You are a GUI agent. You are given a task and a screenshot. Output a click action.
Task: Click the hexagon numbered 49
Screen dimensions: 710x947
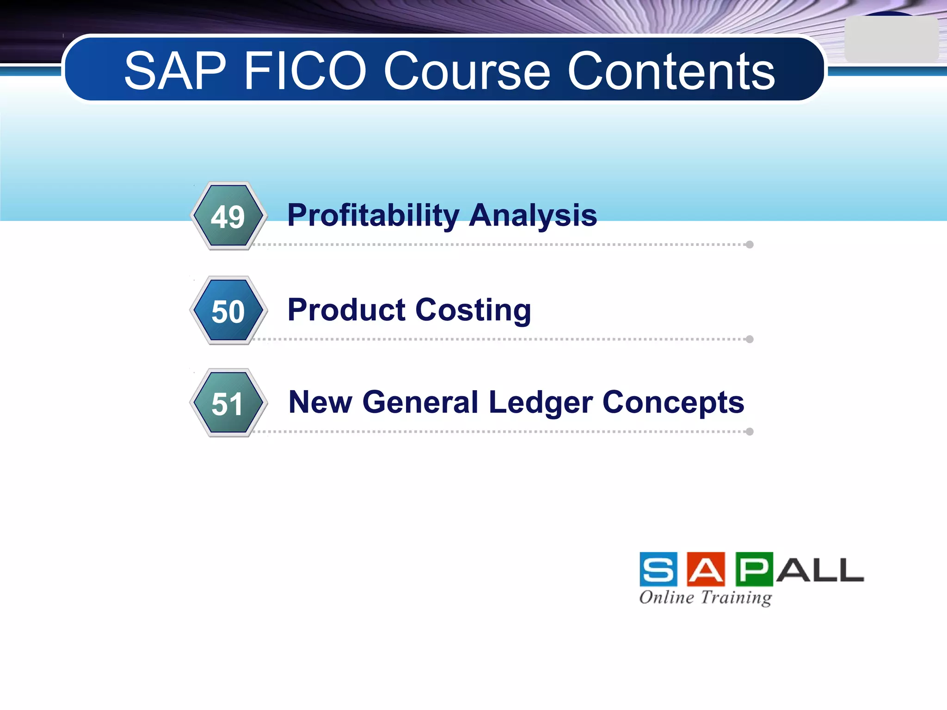click(228, 216)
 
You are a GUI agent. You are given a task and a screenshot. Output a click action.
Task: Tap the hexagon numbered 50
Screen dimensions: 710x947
click(228, 311)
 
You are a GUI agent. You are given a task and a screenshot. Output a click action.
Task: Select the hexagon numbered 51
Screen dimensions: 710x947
click(228, 403)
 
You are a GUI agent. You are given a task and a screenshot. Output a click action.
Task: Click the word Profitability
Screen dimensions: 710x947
click(373, 215)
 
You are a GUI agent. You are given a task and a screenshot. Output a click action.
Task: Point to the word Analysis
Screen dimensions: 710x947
click(533, 215)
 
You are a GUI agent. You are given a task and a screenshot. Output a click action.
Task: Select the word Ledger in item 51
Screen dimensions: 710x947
click(540, 402)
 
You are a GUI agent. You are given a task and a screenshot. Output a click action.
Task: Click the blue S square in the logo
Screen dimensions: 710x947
click(658, 569)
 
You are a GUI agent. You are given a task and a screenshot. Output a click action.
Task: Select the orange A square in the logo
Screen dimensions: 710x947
click(706, 569)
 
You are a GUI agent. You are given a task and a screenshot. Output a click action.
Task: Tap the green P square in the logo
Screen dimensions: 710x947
click(754, 569)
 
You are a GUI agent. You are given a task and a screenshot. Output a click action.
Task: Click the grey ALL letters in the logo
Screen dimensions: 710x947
click(819, 570)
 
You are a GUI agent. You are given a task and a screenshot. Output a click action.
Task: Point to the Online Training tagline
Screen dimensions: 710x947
click(705, 597)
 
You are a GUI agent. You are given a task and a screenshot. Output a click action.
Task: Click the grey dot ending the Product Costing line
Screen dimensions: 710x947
click(750, 339)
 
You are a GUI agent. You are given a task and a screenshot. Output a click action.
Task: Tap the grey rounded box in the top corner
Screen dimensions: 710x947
click(891, 40)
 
